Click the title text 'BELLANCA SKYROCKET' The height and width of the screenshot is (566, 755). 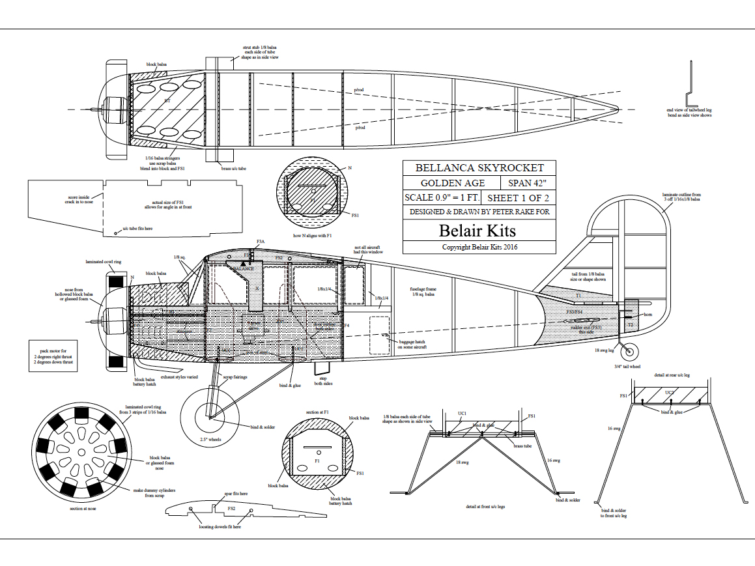(x=479, y=167)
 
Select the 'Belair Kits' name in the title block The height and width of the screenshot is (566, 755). (x=477, y=230)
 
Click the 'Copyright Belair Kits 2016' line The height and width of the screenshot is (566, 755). (x=479, y=247)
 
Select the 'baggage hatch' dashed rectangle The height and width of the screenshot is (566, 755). (x=379, y=335)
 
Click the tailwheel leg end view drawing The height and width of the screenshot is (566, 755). (x=691, y=81)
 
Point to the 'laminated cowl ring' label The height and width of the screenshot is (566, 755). (x=104, y=261)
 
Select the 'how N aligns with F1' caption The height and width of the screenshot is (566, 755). (x=313, y=236)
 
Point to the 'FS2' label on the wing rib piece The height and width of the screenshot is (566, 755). (x=231, y=508)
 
